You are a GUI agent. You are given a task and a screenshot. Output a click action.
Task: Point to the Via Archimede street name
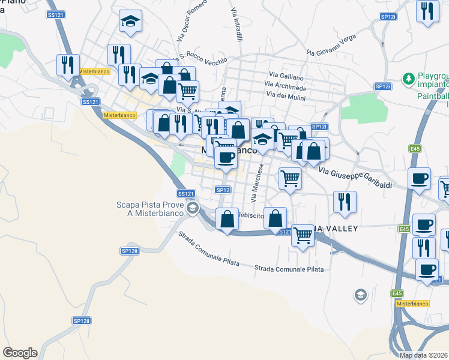point(286,88)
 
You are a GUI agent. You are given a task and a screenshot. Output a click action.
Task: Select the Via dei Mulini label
point(285,97)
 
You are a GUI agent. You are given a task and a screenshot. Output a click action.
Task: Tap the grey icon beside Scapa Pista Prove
point(192,209)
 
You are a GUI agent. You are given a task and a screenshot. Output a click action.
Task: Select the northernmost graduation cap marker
point(130,22)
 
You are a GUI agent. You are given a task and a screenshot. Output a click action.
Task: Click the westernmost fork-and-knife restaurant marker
point(68,64)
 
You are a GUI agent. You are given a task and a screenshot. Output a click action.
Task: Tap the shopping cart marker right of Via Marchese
point(290,178)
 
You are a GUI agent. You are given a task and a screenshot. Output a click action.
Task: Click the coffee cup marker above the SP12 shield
point(226,158)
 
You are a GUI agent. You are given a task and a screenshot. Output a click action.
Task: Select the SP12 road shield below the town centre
point(223,190)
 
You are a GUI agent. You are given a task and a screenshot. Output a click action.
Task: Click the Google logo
point(20,353)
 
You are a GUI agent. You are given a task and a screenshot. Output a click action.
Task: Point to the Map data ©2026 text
point(424,355)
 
